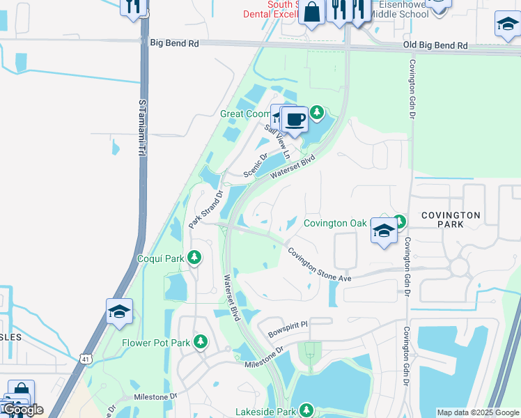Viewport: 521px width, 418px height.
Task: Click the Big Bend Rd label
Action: pyautogui.click(x=174, y=43)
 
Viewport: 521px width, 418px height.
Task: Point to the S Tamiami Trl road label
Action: pyautogui.click(x=142, y=127)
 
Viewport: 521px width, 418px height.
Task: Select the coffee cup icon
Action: pyautogui.click(x=295, y=119)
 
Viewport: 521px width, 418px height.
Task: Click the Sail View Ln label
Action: pyautogui.click(x=277, y=142)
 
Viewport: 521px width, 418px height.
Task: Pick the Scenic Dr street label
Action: pyautogui.click(x=256, y=165)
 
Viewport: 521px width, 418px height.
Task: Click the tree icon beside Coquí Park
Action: pyautogui.click(x=195, y=258)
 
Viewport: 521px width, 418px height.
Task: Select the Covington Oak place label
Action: pyautogui.click(x=335, y=223)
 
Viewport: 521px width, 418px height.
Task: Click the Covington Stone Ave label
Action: pyautogui.click(x=320, y=265)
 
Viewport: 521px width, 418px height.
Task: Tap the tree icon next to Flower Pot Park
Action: pyautogui.click(x=201, y=342)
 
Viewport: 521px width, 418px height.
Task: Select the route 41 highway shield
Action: pyautogui.click(x=85, y=359)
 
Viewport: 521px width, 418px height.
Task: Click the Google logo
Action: pyautogui.click(x=23, y=410)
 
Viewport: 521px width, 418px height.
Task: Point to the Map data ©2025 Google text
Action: pyautogui.click(x=477, y=412)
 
